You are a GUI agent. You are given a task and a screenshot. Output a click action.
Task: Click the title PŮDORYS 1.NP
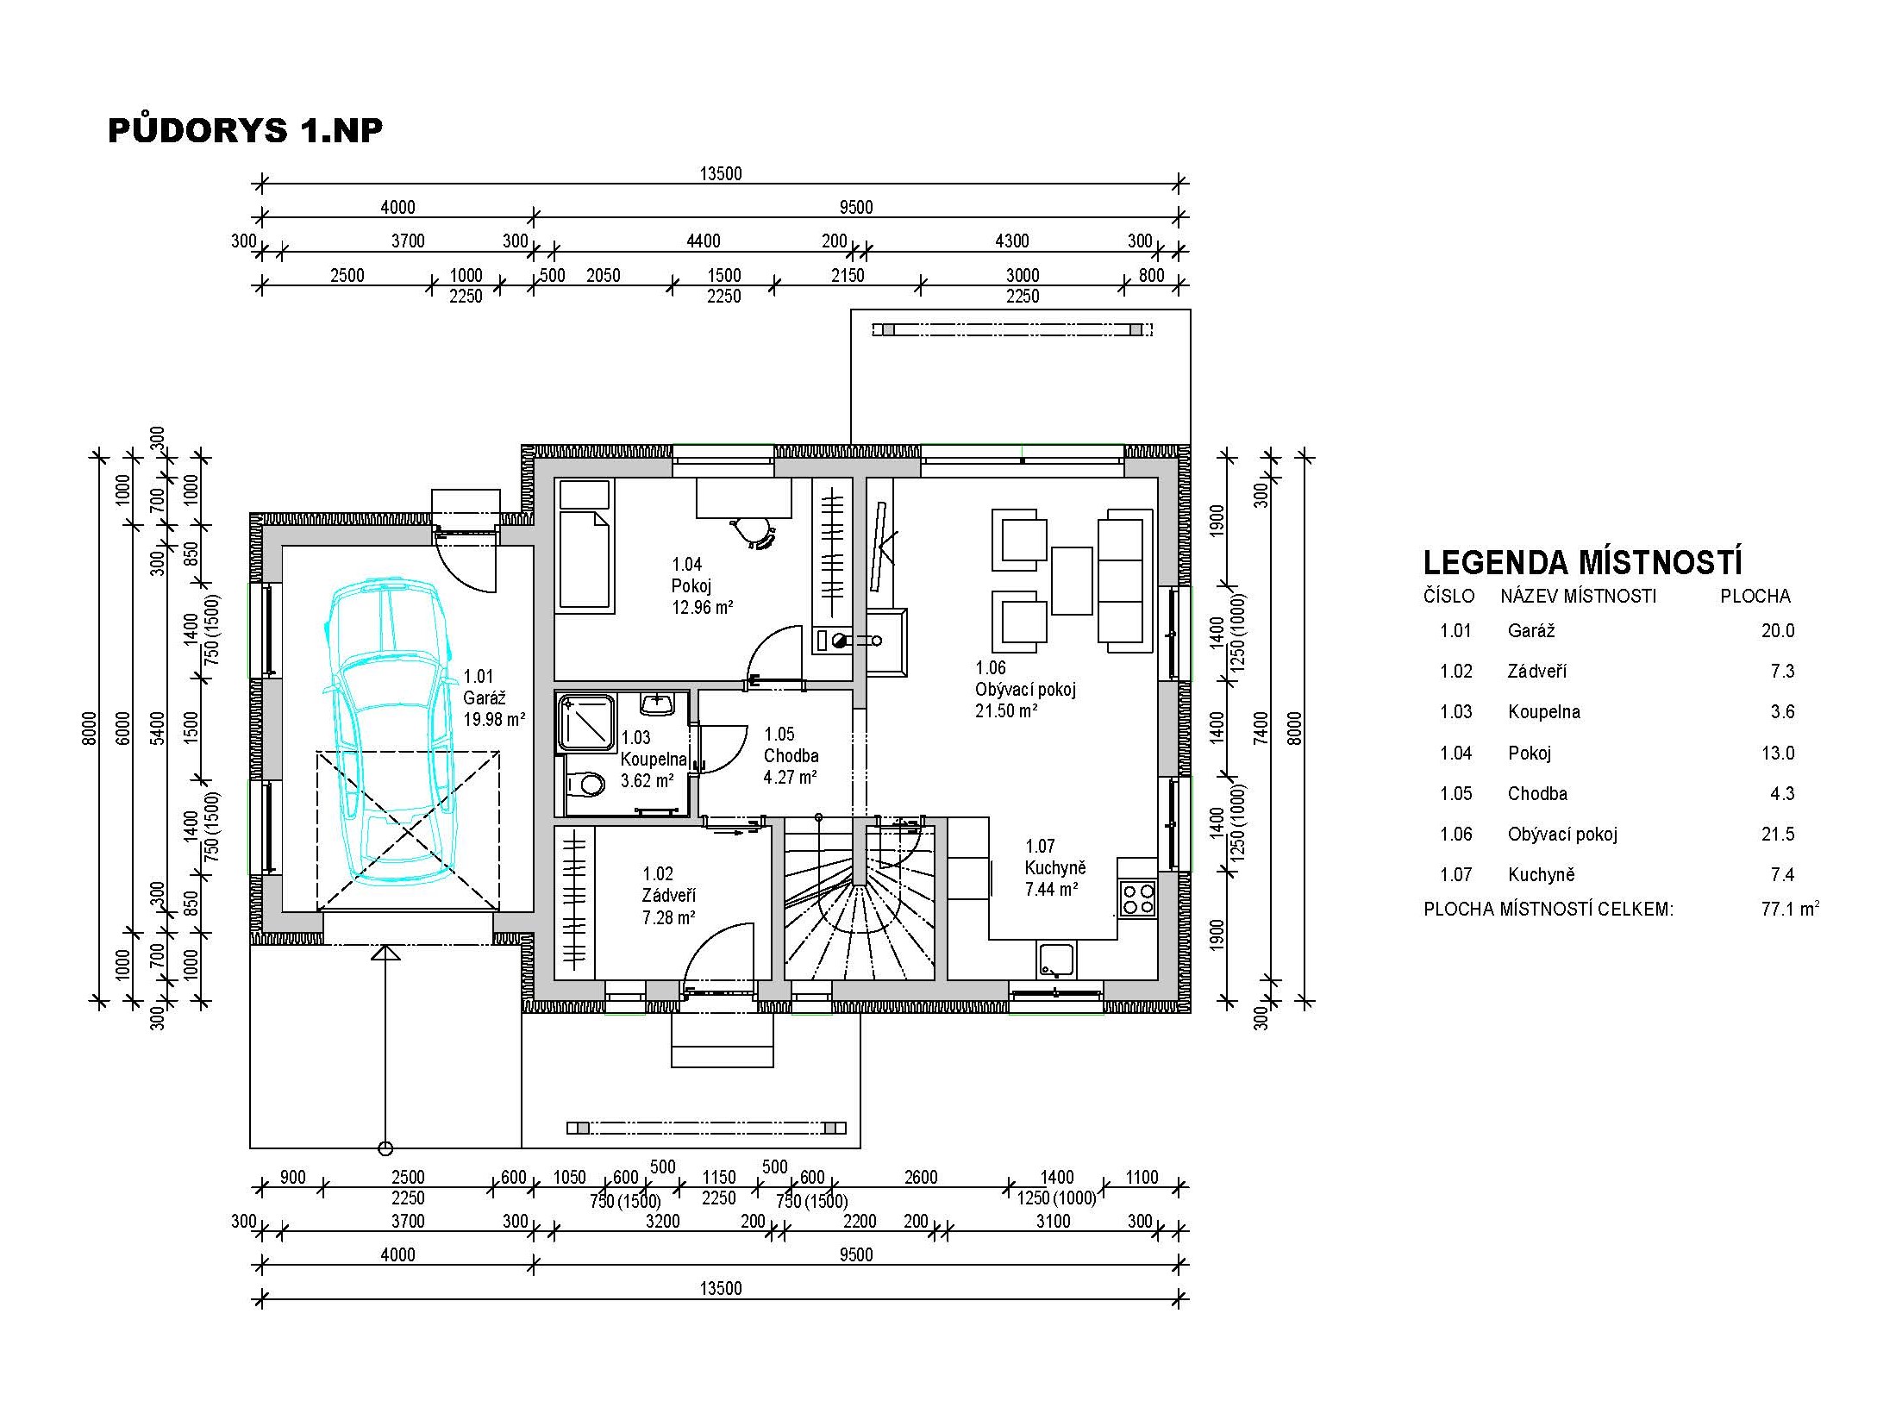pos(246,129)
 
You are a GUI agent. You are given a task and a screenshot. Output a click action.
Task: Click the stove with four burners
pos(1137,897)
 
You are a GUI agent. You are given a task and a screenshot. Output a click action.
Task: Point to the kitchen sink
pos(1055,961)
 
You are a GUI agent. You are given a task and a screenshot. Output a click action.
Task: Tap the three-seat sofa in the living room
pos(1125,575)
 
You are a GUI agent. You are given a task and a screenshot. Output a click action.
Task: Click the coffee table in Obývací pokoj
pos(1072,580)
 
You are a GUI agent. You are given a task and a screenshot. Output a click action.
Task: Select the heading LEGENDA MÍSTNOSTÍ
pos(1582,562)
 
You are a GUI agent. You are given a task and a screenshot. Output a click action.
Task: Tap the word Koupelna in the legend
pos(1544,711)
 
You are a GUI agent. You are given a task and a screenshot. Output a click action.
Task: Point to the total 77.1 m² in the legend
pos(1791,908)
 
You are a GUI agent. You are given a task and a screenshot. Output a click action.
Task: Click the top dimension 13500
pos(721,173)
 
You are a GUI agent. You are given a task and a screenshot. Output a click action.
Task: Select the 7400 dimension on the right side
pos(1261,727)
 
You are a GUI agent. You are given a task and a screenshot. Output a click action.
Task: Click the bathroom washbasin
pos(657,704)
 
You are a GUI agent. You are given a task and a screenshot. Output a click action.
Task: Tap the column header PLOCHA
pos(1755,596)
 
